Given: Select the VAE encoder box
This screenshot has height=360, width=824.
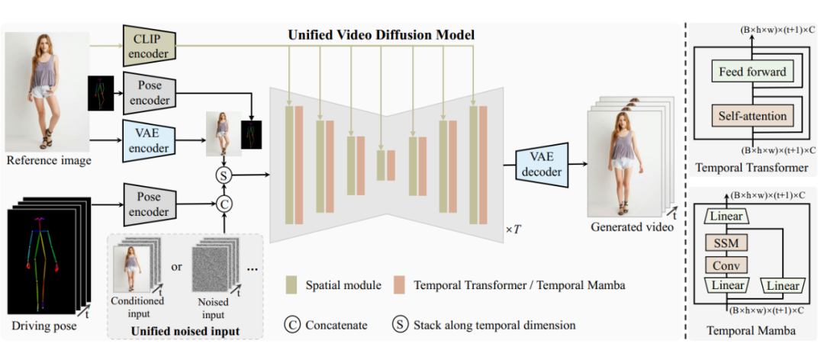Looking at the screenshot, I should [x=149, y=139].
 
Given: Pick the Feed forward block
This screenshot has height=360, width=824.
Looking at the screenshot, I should [x=752, y=72].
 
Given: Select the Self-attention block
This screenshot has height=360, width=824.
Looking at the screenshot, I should [x=752, y=116].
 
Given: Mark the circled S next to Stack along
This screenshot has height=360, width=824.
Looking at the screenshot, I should [x=401, y=325].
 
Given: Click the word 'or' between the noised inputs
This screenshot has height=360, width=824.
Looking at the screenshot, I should [x=176, y=266].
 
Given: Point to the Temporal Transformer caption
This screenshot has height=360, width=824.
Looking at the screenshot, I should [x=752, y=166].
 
